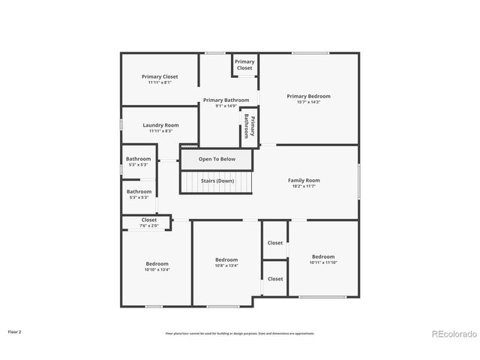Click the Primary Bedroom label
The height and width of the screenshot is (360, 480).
[308, 99]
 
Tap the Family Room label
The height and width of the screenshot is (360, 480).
[304, 183]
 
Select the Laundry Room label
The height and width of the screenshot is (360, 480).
[160, 127]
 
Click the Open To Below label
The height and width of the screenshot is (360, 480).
[217, 159]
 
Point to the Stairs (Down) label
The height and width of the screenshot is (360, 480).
[217, 181]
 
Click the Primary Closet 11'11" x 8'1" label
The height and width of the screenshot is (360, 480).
[160, 79]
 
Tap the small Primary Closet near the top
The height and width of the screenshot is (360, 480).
[244, 64]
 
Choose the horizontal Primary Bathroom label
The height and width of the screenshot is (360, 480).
[226, 103]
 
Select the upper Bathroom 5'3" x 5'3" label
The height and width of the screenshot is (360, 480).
[139, 161]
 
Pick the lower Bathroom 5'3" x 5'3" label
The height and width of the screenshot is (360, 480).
[139, 194]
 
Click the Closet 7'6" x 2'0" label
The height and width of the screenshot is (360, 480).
[149, 222]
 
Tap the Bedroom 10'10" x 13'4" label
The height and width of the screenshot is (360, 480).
[157, 266]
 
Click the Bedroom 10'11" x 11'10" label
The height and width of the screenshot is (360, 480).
[323, 259]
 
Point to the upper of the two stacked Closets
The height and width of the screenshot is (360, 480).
[275, 243]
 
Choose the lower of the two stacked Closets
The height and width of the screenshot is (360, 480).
[275, 279]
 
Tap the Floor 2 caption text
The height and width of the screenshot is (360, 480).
[15, 331]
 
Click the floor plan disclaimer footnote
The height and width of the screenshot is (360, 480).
[240, 333]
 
